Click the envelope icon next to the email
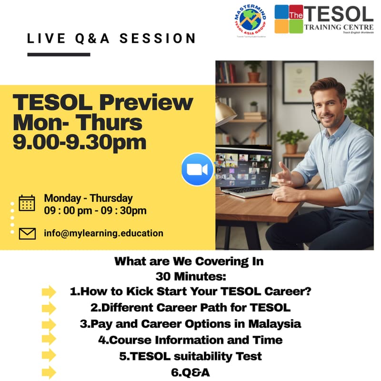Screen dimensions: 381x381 pos(27,233)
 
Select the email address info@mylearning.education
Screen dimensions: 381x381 pos(103,233)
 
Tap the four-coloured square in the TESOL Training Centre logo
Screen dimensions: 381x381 pos(289,19)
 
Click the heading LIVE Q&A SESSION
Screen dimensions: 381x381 pos(111,39)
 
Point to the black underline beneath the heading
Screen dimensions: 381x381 pos(59,54)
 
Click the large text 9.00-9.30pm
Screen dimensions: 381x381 pos(80,141)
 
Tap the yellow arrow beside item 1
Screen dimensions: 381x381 pos(49,291)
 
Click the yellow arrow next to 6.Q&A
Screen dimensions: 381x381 pos(49,372)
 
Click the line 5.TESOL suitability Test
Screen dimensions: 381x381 pos(190,356)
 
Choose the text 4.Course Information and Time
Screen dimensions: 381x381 pos(190,340)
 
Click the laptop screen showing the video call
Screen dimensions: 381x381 pos(243,167)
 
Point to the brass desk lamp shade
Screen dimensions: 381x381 pos(225,112)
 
